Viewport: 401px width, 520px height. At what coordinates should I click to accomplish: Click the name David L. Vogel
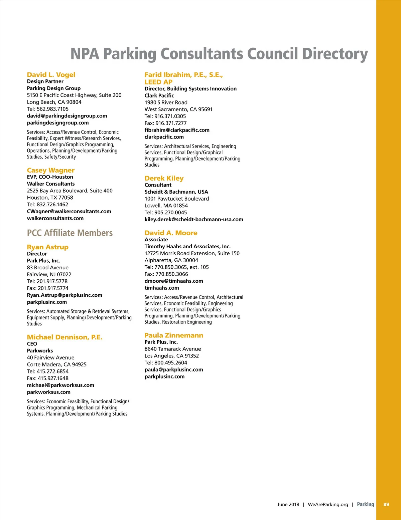[x=51, y=75]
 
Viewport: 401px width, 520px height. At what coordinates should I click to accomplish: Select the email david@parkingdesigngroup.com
[x=67, y=116]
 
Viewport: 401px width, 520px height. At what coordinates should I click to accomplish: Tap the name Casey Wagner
[x=51, y=170]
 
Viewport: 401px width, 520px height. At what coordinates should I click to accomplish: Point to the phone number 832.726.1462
[x=52, y=205]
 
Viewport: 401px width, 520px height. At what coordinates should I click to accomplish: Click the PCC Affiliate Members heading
[x=70, y=233]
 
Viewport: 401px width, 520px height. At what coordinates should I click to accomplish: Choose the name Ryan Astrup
[x=48, y=247]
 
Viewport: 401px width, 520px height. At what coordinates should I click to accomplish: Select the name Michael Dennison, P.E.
[x=64, y=337]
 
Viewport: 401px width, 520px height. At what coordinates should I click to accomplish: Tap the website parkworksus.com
[x=49, y=392]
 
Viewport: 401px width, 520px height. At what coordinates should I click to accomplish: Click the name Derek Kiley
[x=164, y=178]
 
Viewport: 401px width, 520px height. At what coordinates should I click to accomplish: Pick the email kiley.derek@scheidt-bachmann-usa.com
[x=194, y=220]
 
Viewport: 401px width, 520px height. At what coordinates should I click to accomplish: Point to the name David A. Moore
[x=171, y=233]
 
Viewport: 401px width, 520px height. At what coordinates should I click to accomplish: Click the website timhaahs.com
[x=162, y=288]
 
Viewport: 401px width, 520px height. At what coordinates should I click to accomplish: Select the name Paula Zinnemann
[x=174, y=335]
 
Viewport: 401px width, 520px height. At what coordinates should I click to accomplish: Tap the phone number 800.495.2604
[x=171, y=363]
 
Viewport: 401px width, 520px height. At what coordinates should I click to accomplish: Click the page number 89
[x=386, y=504]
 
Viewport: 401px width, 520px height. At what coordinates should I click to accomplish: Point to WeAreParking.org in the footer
[x=328, y=504]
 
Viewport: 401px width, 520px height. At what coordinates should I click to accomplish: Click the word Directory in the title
[x=335, y=54]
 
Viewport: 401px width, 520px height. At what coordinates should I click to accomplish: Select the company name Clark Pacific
[x=159, y=95]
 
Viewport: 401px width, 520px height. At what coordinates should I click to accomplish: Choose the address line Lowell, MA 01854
[x=166, y=206]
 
